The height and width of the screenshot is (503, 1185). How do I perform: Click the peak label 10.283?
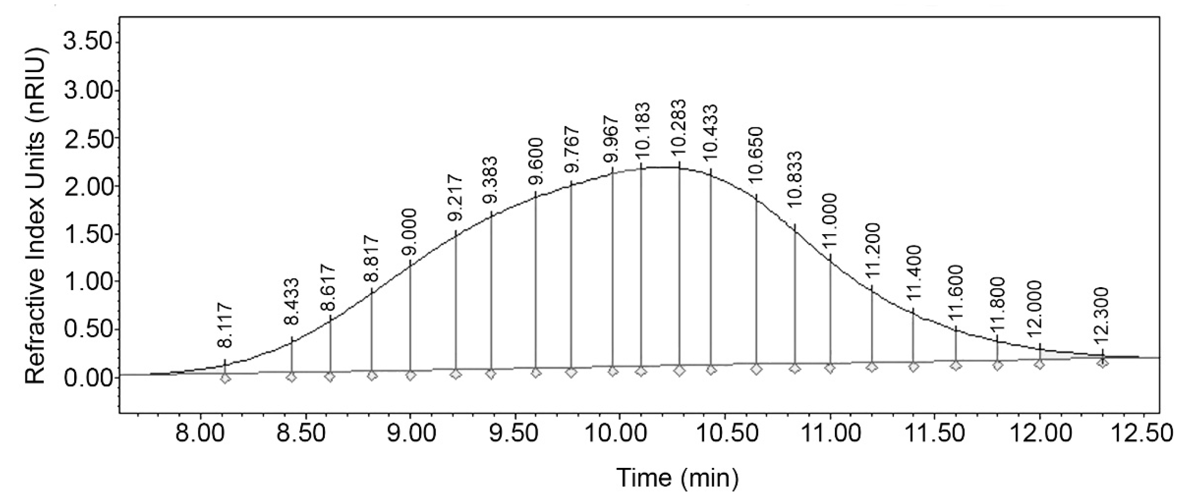click(679, 130)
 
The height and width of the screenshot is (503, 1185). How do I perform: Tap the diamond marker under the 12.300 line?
click(1102, 363)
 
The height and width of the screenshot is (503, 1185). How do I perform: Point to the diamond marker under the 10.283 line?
click(679, 370)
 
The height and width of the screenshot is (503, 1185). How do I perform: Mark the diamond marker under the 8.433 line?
click(292, 377)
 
